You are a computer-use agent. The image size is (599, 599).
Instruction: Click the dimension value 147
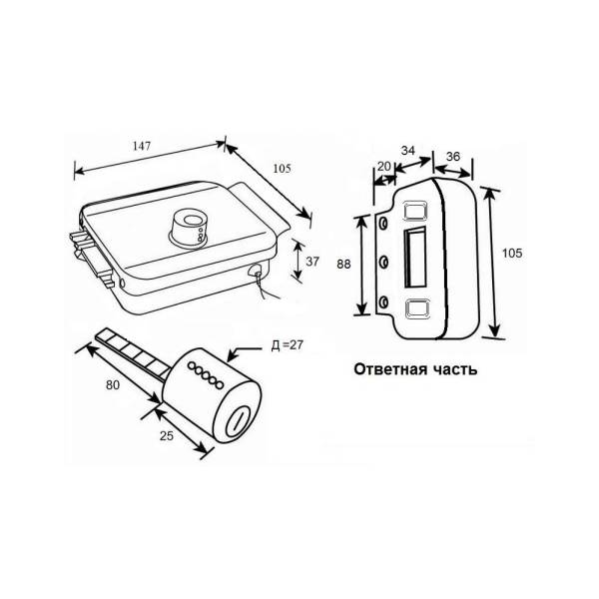(x=142, y=146)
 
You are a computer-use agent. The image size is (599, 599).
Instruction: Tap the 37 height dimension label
(x=312, y=262)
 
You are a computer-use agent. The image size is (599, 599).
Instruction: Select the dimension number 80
(x=113, y=385)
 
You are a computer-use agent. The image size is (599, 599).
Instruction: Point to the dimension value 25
(x=167, y=435)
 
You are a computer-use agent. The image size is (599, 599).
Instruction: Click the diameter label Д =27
(x=287, y=345)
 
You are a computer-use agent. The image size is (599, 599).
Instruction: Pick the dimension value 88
(x=343, y=264)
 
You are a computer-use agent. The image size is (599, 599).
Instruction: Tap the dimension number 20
(x=384, y=166)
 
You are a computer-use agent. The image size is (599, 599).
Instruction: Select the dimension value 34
(x=408, y=150)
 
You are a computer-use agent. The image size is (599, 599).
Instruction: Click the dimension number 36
(x=453, y=157)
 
